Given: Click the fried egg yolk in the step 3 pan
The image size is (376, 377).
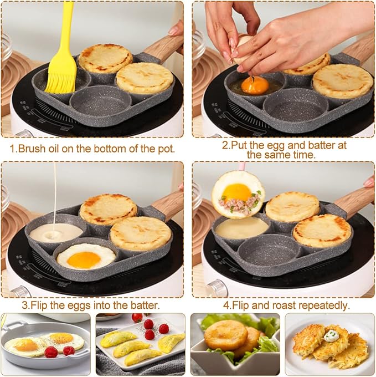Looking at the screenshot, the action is click(x=84, y=259).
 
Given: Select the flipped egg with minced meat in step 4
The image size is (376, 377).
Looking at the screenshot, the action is click(x=238, y=194).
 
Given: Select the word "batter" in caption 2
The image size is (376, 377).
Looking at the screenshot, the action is click(x=321, y=145).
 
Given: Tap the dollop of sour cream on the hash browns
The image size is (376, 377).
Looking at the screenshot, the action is click(x=331, y=336).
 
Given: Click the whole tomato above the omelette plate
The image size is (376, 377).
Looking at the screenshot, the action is click(x=137, y=317).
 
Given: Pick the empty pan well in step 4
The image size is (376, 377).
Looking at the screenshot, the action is click(x=269, y=252).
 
